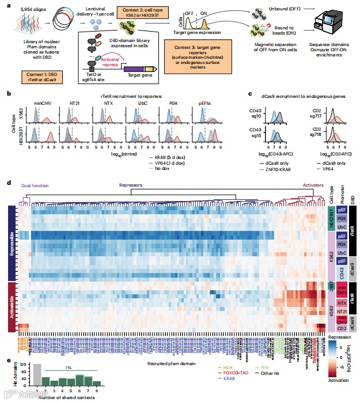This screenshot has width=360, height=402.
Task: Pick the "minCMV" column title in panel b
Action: (x=43, y=103)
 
